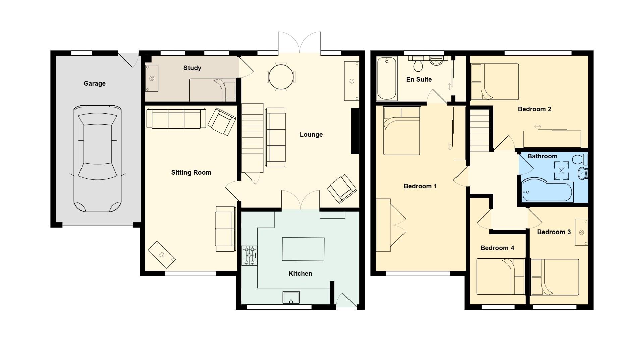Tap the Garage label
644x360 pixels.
[94, 83]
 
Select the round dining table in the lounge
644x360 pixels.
[281, 77]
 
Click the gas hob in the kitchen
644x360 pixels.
[249, 256]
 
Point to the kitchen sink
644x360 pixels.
[291, 297]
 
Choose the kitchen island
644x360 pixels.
[303, 249]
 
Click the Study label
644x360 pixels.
[192, 68]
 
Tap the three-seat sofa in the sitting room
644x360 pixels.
[176, 119]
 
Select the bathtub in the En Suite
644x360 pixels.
[387, 79]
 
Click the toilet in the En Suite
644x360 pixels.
[418, 64]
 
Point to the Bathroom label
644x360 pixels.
[542, 156]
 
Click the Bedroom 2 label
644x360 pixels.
[534, 109]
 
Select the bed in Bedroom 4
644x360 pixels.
[500, 276]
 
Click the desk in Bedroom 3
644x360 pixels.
[581, 232]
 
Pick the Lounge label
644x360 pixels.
[311, 134]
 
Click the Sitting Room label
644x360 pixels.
[191, 172]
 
